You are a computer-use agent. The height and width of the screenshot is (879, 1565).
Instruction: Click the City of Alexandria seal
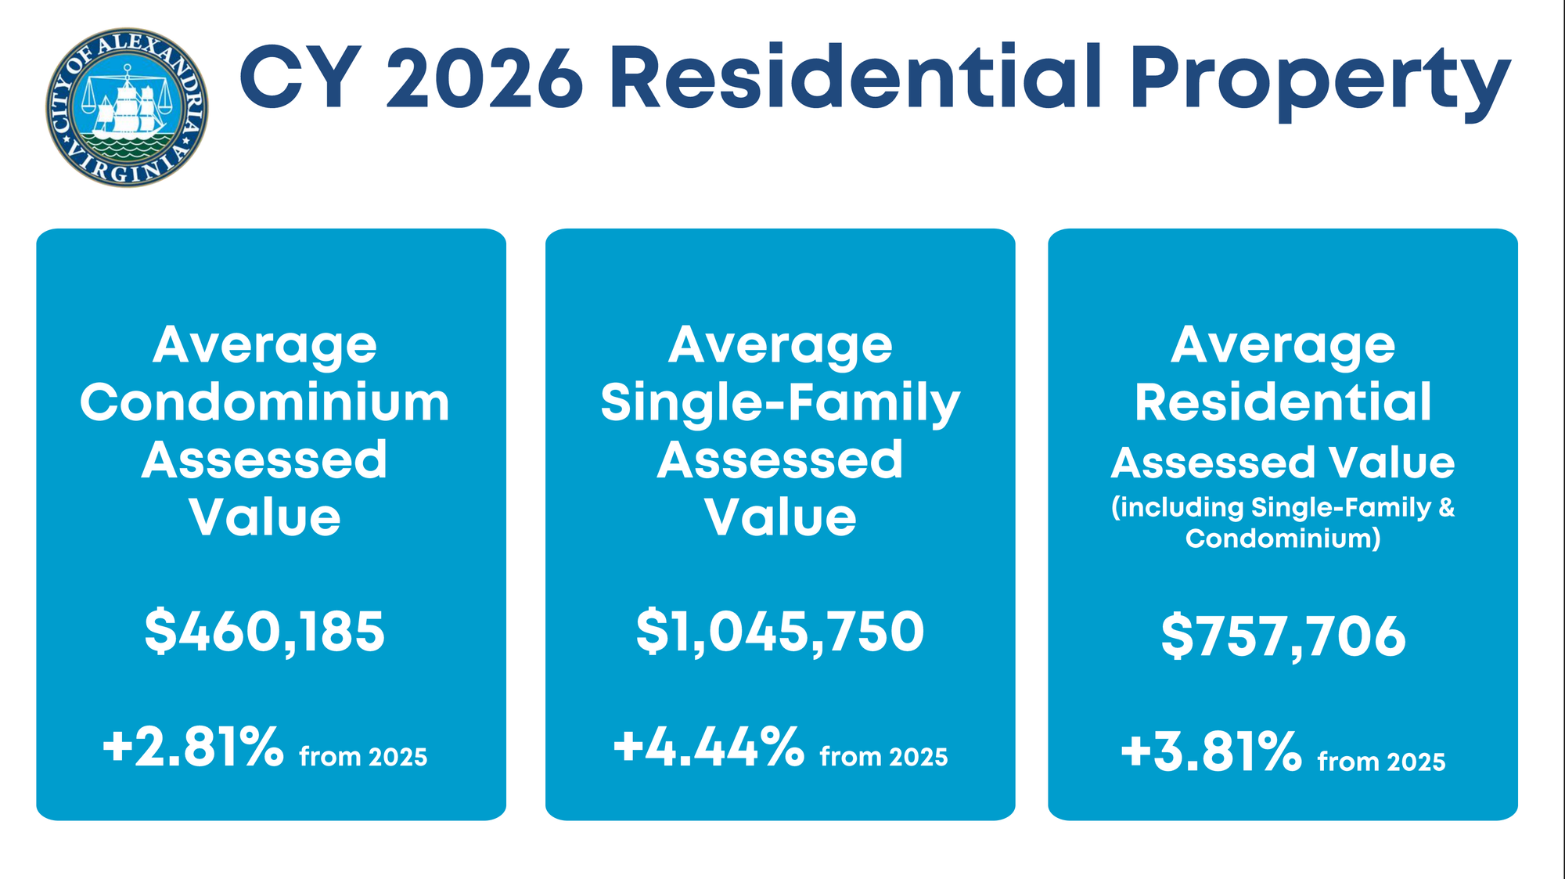click(x=127, y=107)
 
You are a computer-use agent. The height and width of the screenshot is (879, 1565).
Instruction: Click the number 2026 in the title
click(x=485, y=78)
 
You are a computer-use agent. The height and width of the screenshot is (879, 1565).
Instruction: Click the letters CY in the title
click(x=302, y=78)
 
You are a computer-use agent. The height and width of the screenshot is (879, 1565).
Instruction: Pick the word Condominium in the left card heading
click(x=264, y=403)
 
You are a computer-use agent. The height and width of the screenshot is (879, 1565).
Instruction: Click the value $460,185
click(x=264, y=632)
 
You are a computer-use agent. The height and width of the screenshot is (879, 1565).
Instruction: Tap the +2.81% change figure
click(x=192, y=748)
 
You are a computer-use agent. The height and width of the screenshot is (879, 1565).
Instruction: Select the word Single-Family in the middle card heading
click(x=780, y=404)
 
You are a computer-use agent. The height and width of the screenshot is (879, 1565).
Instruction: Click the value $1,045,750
click(x=780, y=632)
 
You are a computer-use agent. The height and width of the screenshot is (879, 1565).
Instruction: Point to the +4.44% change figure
click(x=708, y=748)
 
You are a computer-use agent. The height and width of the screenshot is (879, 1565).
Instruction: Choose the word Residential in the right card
click(x=1283, y=403)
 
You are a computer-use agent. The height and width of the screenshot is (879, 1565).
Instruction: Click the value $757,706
click(x=1283, y=636)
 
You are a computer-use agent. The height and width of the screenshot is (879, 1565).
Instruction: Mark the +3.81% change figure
click(x=1211, y=751)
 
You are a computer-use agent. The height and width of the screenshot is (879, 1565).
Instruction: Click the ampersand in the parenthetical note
click(x=1446, y=507)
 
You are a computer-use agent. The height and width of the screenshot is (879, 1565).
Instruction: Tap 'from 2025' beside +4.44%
click(x=883, y=757)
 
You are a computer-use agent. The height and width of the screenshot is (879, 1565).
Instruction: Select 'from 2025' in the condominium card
click(x=363, y=757)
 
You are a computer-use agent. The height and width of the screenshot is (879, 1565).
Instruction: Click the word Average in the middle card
click(x=780, y=345)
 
